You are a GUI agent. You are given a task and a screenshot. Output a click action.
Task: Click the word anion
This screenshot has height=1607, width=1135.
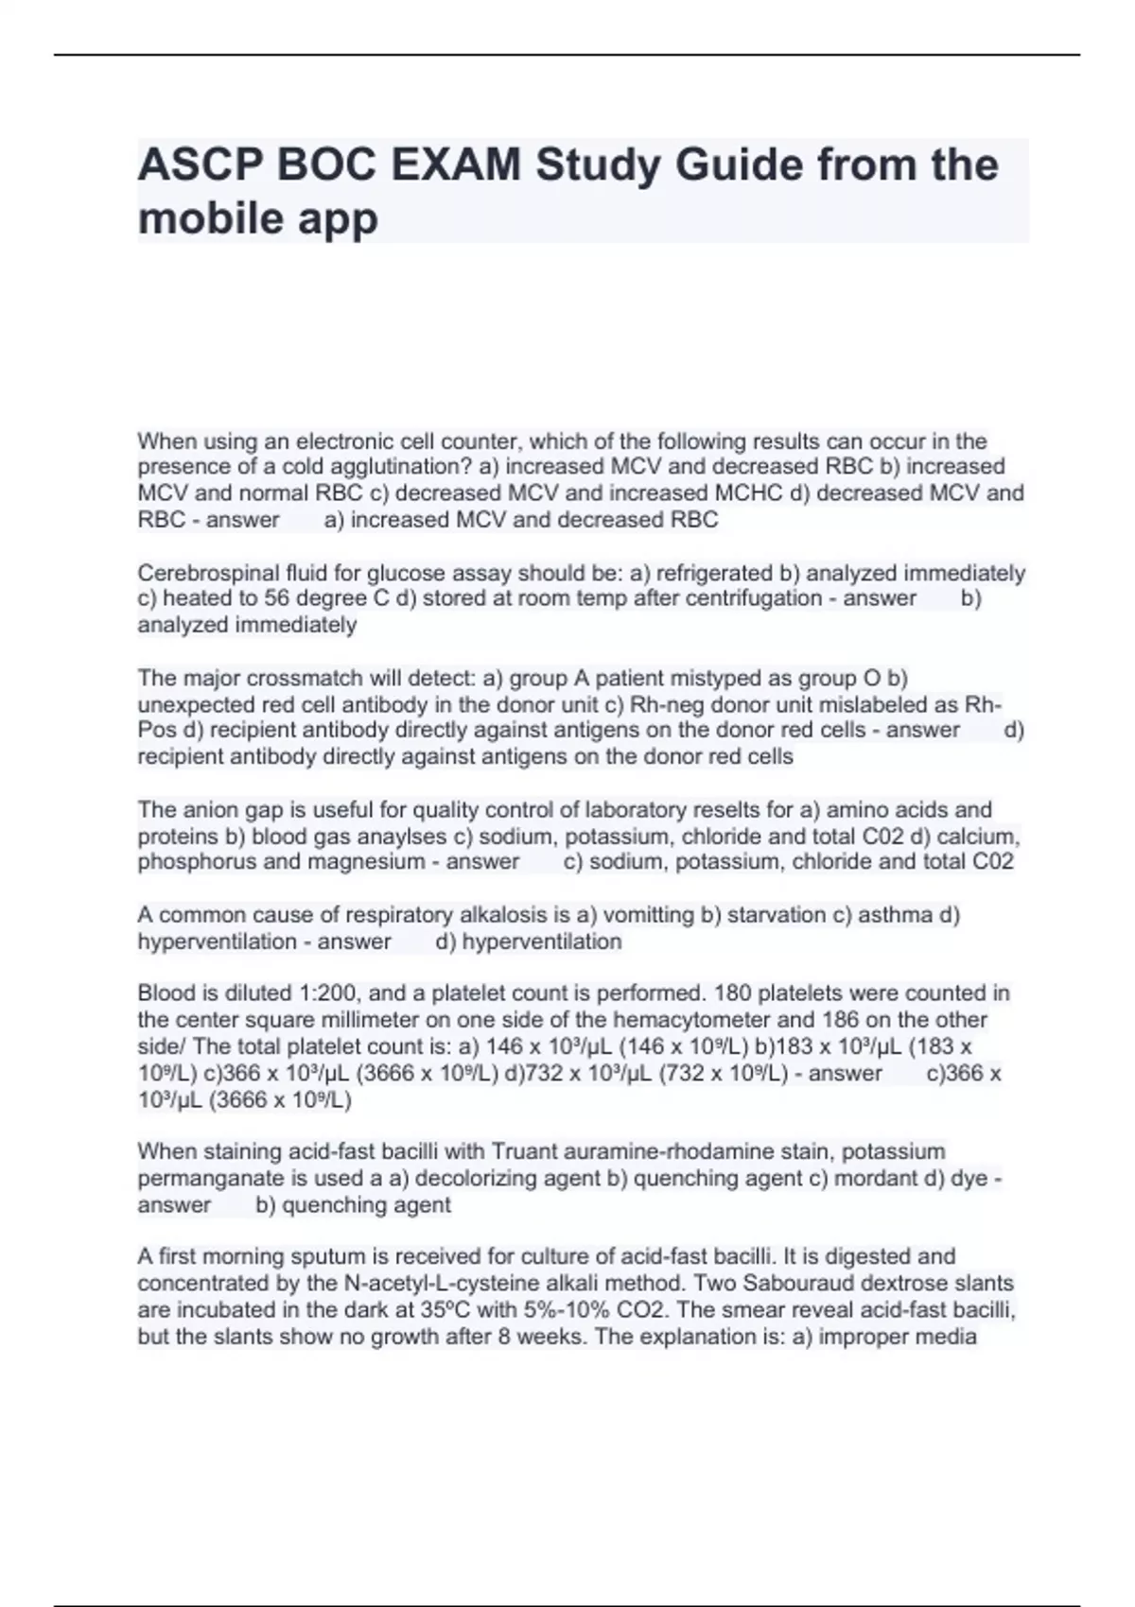209,810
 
